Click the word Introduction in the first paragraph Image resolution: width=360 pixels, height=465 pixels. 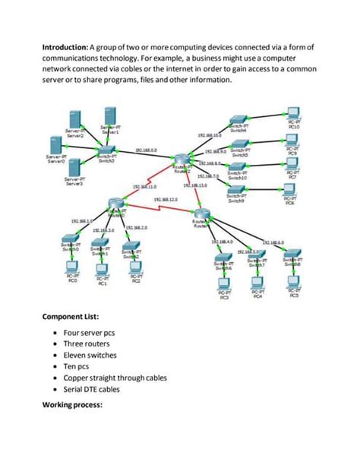click(64, 47)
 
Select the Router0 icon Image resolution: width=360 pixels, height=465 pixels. click(115, 201)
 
